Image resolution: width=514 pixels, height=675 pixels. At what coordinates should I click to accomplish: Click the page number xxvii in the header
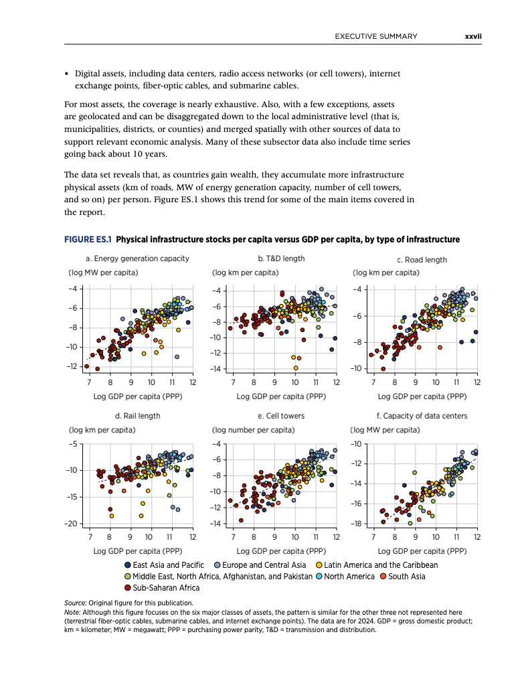coord(473,37)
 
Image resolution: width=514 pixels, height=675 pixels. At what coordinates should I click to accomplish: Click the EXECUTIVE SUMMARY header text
coord(376,37)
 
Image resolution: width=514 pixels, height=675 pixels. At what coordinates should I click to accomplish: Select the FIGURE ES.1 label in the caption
coord(88,239)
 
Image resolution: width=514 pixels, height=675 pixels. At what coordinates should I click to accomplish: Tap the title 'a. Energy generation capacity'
coord(137,258)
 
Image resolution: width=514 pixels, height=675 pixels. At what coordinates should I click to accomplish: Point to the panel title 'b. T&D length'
coord(281,258)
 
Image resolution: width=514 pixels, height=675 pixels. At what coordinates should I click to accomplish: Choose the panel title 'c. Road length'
coord(422,260)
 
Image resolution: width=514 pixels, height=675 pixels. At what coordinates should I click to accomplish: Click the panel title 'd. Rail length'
coord(138,416)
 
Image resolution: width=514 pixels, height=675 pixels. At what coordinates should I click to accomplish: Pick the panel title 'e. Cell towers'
coord(281,416)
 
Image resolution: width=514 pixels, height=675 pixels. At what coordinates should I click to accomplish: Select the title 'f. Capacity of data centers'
coord(422,416)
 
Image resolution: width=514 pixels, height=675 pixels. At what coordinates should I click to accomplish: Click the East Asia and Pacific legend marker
coord(128,565)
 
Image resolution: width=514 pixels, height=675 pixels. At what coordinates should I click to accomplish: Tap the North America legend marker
coord(319,577)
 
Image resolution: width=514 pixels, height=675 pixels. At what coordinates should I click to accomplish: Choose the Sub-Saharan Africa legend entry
coord(162,588)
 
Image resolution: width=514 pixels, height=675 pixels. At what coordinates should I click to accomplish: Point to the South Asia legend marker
coord(383,577)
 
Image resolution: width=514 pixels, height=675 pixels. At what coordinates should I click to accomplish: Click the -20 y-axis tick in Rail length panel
coord(72,524)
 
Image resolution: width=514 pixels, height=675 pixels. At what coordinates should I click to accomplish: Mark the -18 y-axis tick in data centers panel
coord(356,524)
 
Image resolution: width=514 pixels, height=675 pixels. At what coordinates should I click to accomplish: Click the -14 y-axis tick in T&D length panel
coord(215,369)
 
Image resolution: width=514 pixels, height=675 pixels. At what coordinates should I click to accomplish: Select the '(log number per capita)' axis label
coord(254,430)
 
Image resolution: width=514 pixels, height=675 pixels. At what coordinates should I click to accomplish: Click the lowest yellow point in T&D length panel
coord(296,368)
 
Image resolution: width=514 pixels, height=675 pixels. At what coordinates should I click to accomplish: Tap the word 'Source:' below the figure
coord(75,603)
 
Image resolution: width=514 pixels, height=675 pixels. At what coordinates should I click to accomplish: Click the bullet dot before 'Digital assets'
coord(66,74)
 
